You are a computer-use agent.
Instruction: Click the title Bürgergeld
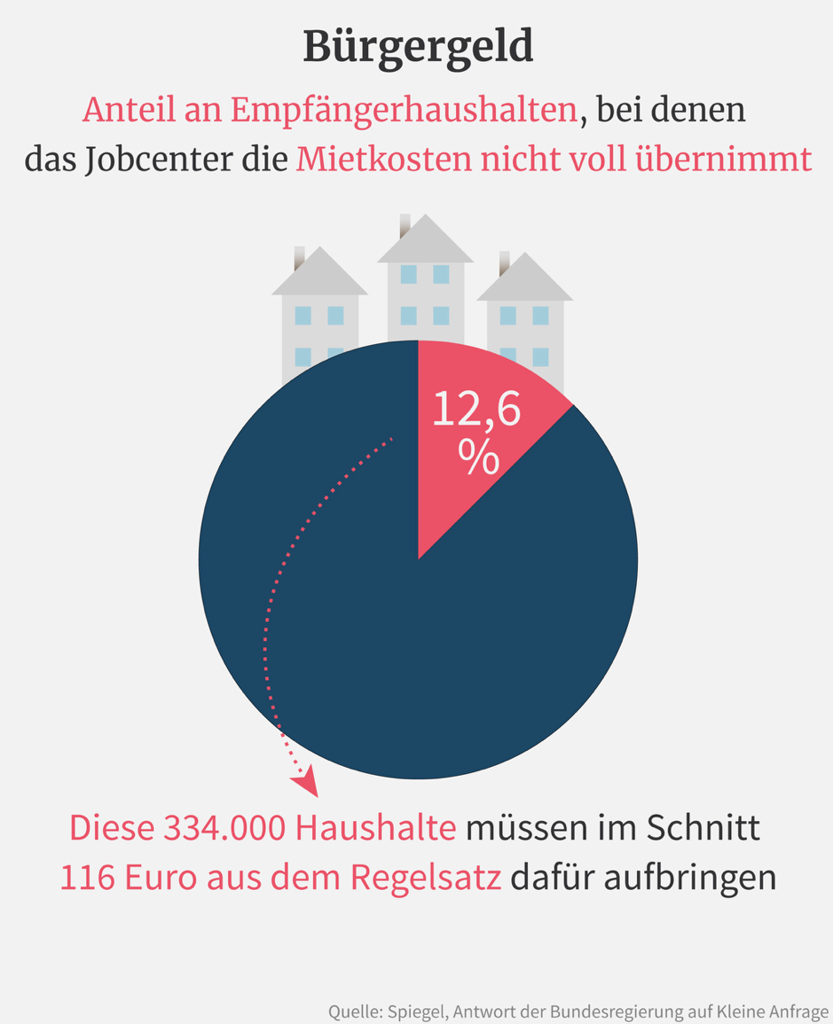click(x=418, y=46)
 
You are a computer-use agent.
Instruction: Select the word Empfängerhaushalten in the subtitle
click(x=403, y=111)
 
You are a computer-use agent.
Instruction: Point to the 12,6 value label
click(x=476, y=410)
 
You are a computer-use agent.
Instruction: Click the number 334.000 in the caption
click(x=225, y=829)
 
